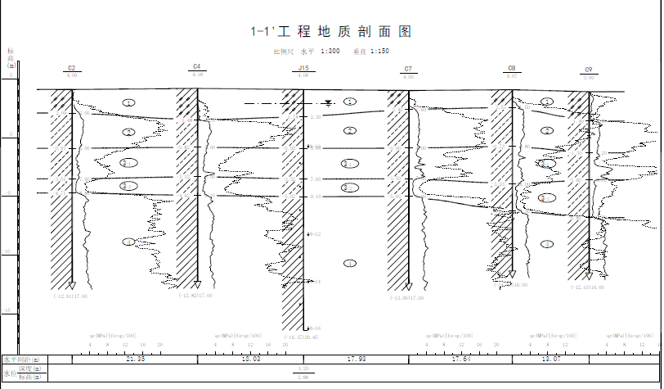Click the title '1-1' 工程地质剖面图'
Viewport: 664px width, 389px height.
coord(330,32)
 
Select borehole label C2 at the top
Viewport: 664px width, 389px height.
coord(72,68)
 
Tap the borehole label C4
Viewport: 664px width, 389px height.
coord(197,66)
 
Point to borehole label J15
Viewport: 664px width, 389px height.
coord(303,68)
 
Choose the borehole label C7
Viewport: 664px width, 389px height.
coord(408,69)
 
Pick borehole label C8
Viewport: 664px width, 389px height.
coord(512,68)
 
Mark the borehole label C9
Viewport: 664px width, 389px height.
coord(589,70)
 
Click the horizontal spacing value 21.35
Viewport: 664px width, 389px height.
coord(136,360)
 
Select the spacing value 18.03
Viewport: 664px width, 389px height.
coord(248,360)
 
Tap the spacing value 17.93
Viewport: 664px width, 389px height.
coord(357,360)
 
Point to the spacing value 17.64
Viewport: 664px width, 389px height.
coord(461,360)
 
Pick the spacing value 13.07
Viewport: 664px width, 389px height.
coord(551,360)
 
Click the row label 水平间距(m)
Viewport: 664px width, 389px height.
coord(25,360)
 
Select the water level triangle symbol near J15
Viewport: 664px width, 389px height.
coord(328,103)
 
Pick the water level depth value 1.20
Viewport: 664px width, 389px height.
coord(303,369)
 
